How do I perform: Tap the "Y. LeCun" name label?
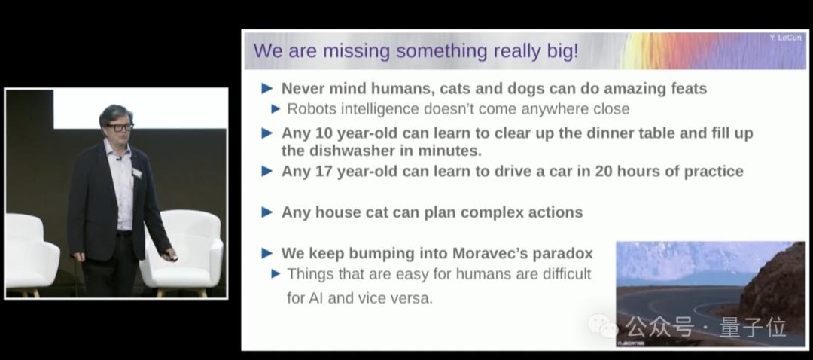785,38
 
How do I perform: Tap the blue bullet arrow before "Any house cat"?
267,212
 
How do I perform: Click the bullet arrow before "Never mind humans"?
267,89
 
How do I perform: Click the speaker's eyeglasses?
120,127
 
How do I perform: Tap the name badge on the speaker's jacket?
137,172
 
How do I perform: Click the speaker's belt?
124,233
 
